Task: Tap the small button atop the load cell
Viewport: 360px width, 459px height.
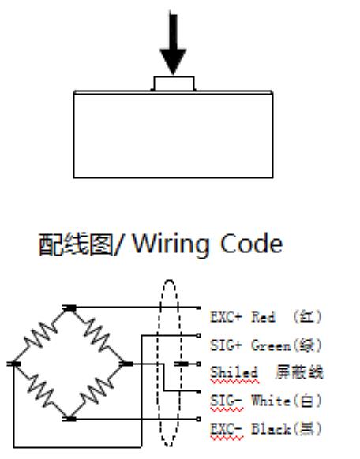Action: tap(174, 84)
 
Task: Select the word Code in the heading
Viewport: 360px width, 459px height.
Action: tap(251, 244)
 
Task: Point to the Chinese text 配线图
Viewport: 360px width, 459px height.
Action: tap(76, 244)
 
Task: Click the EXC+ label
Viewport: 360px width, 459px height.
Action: tap(227, 317)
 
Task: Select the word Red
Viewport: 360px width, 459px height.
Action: tap(264, 317)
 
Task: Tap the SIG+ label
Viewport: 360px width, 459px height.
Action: tap(227, 345)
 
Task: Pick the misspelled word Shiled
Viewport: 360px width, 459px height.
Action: tap(234, 372)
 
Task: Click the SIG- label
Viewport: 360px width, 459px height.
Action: tap(227, 400)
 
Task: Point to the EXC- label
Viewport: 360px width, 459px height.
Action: tap(227, 429)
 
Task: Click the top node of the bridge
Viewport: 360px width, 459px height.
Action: tap(69, 308)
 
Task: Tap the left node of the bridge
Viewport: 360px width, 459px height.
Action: tap(13, 364)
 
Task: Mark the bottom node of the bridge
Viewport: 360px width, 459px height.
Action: tap(69, 420)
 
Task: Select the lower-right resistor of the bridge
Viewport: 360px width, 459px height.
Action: tap(97, 391)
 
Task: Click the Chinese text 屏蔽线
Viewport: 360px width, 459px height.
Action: tap(299, 372)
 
